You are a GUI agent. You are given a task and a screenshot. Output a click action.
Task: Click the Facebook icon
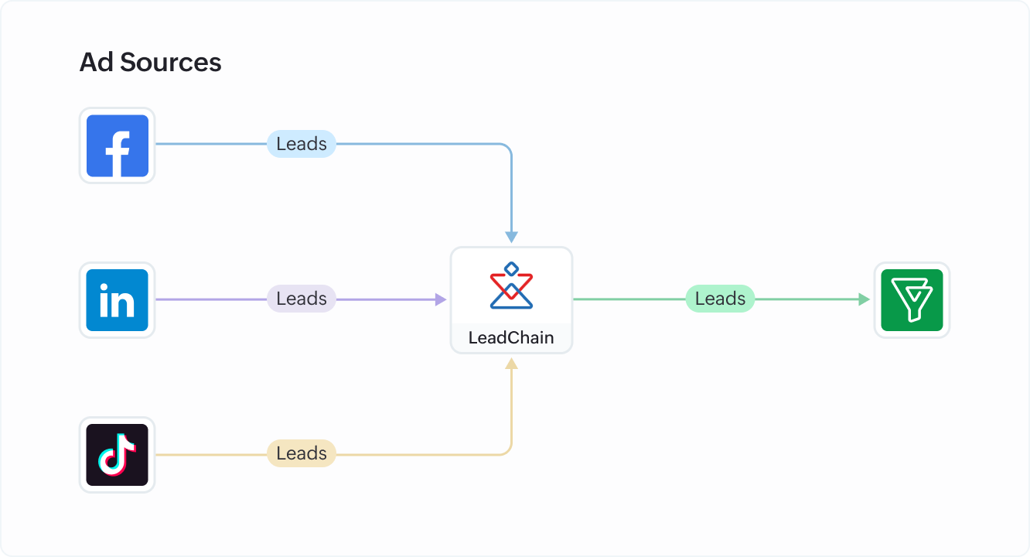click(117, 145)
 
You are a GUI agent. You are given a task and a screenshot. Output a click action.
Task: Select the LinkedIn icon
click(117, 300)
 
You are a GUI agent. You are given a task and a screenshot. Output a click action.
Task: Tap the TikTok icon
click(117, 455)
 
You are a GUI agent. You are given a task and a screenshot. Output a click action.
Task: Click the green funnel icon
click(912, 300)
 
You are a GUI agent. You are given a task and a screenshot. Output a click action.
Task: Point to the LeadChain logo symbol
click(511, 286)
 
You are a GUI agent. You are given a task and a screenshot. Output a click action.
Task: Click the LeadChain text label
click(511, 338)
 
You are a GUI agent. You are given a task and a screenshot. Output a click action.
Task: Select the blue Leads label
click(302, 144)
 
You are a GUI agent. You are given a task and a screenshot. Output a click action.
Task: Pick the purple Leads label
click(302, 299)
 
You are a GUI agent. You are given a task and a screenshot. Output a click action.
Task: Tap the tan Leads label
click(302, 453)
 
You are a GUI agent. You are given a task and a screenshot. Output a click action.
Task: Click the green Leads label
click(720, 299)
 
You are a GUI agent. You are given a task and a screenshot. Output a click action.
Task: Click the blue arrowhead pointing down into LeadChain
click(511, 237)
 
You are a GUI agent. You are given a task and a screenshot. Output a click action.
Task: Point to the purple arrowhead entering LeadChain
click(442, 299)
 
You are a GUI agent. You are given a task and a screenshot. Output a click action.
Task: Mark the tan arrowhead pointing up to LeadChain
click(511, 362)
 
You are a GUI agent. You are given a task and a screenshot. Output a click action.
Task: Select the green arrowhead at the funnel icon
click(865, 299)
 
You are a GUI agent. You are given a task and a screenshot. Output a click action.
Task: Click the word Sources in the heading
click(171, 63)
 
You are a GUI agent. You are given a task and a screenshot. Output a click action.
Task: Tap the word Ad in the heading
click(97, 63)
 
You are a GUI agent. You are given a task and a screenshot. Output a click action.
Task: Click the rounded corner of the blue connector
click(507, 148)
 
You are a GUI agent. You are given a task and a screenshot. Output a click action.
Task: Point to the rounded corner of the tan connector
click(507, 450)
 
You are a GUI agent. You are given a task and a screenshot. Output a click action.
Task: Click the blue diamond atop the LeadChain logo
click(511, 268)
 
